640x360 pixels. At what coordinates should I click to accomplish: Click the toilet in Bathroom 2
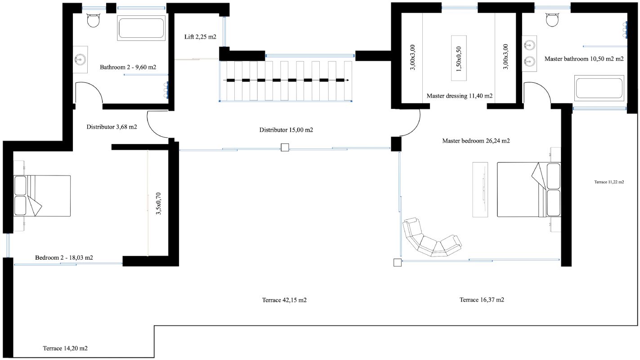coord(93,19)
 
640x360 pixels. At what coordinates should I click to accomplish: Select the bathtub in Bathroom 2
coord(141,28)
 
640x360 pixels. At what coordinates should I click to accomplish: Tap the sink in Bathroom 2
coord(80,59)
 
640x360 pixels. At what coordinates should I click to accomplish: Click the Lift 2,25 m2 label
coord(200,36)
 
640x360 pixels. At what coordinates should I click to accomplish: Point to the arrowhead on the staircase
coord(347,81)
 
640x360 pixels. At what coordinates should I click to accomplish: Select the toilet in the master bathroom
coord(552,19)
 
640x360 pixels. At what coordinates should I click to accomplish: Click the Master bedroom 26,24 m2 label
coord(476,141)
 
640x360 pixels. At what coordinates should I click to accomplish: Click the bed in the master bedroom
coord(529,189)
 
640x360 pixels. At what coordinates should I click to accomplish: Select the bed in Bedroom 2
coord(42,196)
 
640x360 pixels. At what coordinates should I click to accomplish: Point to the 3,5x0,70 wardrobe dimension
coord(159,203)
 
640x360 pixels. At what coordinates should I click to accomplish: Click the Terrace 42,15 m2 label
coord(284,300)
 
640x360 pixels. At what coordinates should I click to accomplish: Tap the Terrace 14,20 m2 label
coord(65,348)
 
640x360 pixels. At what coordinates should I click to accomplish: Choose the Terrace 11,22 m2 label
coord(609,182)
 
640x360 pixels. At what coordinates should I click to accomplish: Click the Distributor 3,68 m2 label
coord(112,126)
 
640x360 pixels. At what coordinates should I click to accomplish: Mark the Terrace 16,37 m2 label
coord(482,300)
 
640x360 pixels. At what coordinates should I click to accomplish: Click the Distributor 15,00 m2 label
coord(286,130)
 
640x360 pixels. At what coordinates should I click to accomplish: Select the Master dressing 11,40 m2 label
coord(460,96)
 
